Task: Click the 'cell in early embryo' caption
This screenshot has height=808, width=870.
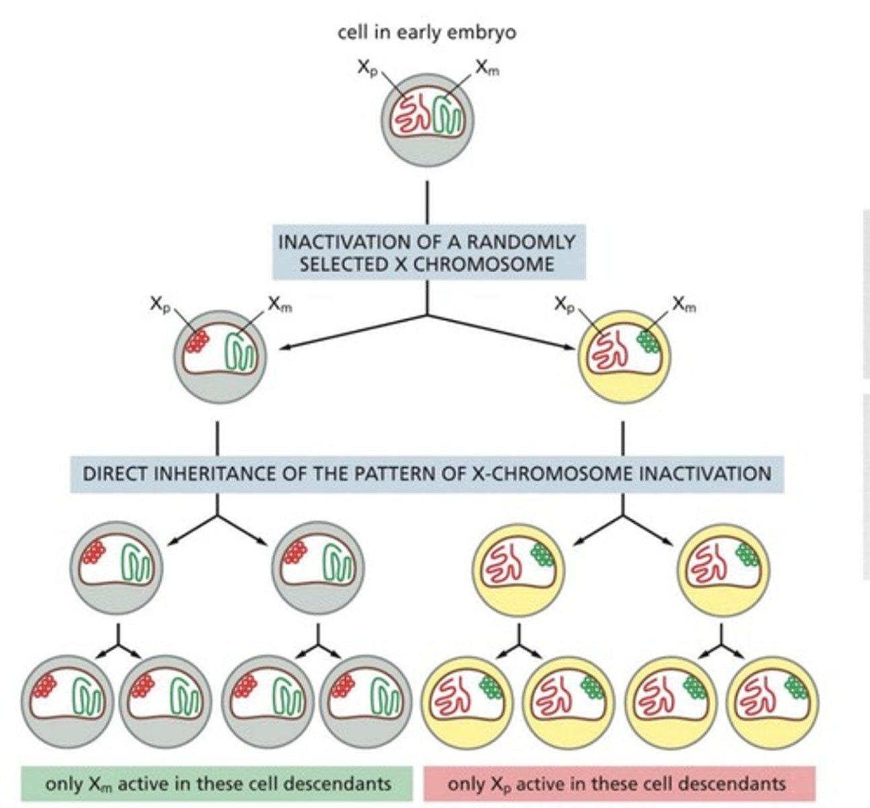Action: tap(427, 33)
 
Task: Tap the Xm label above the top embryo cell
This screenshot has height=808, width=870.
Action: tap(487, 67)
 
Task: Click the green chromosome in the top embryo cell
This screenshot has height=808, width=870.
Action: tap(447, 116)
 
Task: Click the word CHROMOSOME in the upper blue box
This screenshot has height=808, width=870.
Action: tap(483, 264)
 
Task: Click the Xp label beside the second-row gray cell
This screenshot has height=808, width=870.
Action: tap(161, 304)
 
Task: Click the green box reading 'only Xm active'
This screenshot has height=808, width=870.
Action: tap(217, 784)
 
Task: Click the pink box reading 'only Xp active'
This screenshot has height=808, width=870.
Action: tap(618, 784)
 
